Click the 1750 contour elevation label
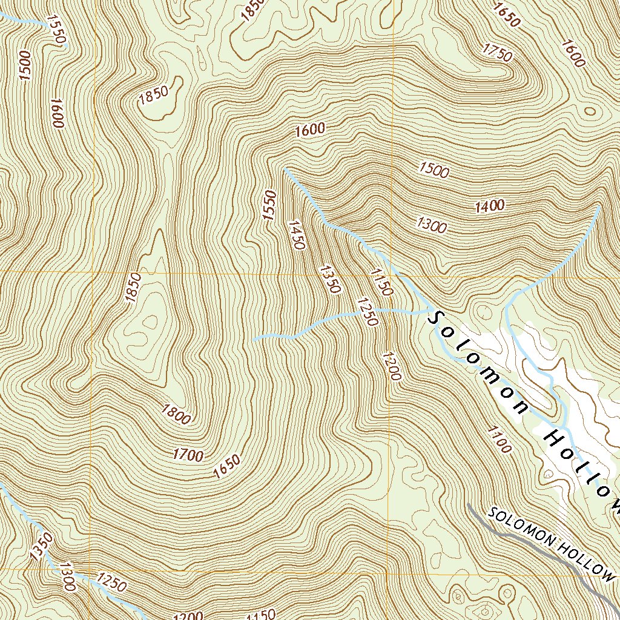point(498,53)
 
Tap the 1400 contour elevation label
point(490,206)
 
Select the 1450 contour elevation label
point(297,235)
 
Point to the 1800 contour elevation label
point(176,415)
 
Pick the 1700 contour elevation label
point(188,454)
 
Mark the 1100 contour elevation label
point(500,439)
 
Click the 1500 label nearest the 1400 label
point(434,170)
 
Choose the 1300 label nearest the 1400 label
point(432,226)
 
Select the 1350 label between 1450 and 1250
point(329,279)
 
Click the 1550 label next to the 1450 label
point(269,204)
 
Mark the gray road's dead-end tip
point(469,504)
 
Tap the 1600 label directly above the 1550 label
point(311,129)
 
